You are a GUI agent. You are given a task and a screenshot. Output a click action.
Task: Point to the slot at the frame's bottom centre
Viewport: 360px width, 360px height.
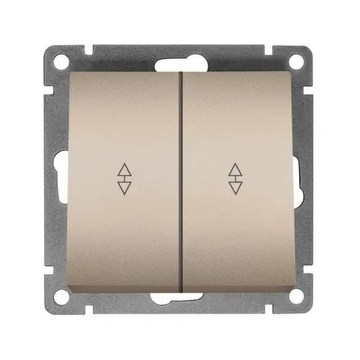[x=180, y=299]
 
